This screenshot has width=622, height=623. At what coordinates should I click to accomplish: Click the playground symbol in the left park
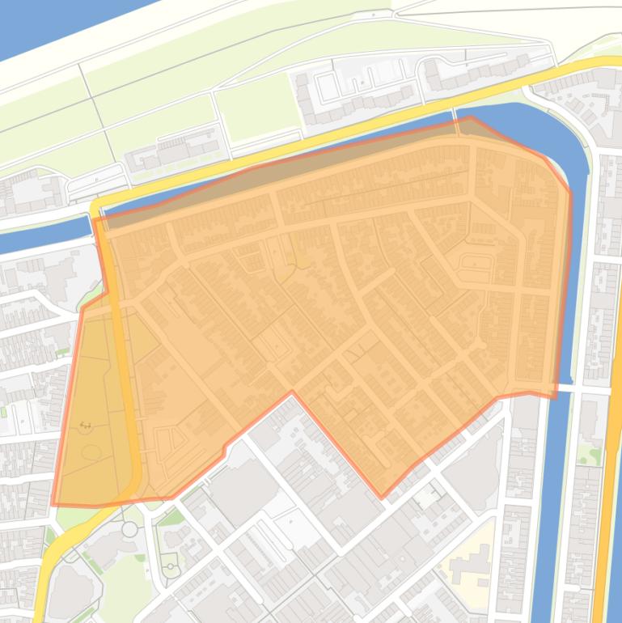pyautogui.click(x=85, y=425)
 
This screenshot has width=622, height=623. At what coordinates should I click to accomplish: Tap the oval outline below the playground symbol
pyautogui.click(x=90, y=452)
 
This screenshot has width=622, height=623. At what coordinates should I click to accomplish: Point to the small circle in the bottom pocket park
pyautogui.click(x=171, y=569)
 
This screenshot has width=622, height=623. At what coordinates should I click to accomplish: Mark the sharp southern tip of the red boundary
pyautogui.click(x=382, y=496)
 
